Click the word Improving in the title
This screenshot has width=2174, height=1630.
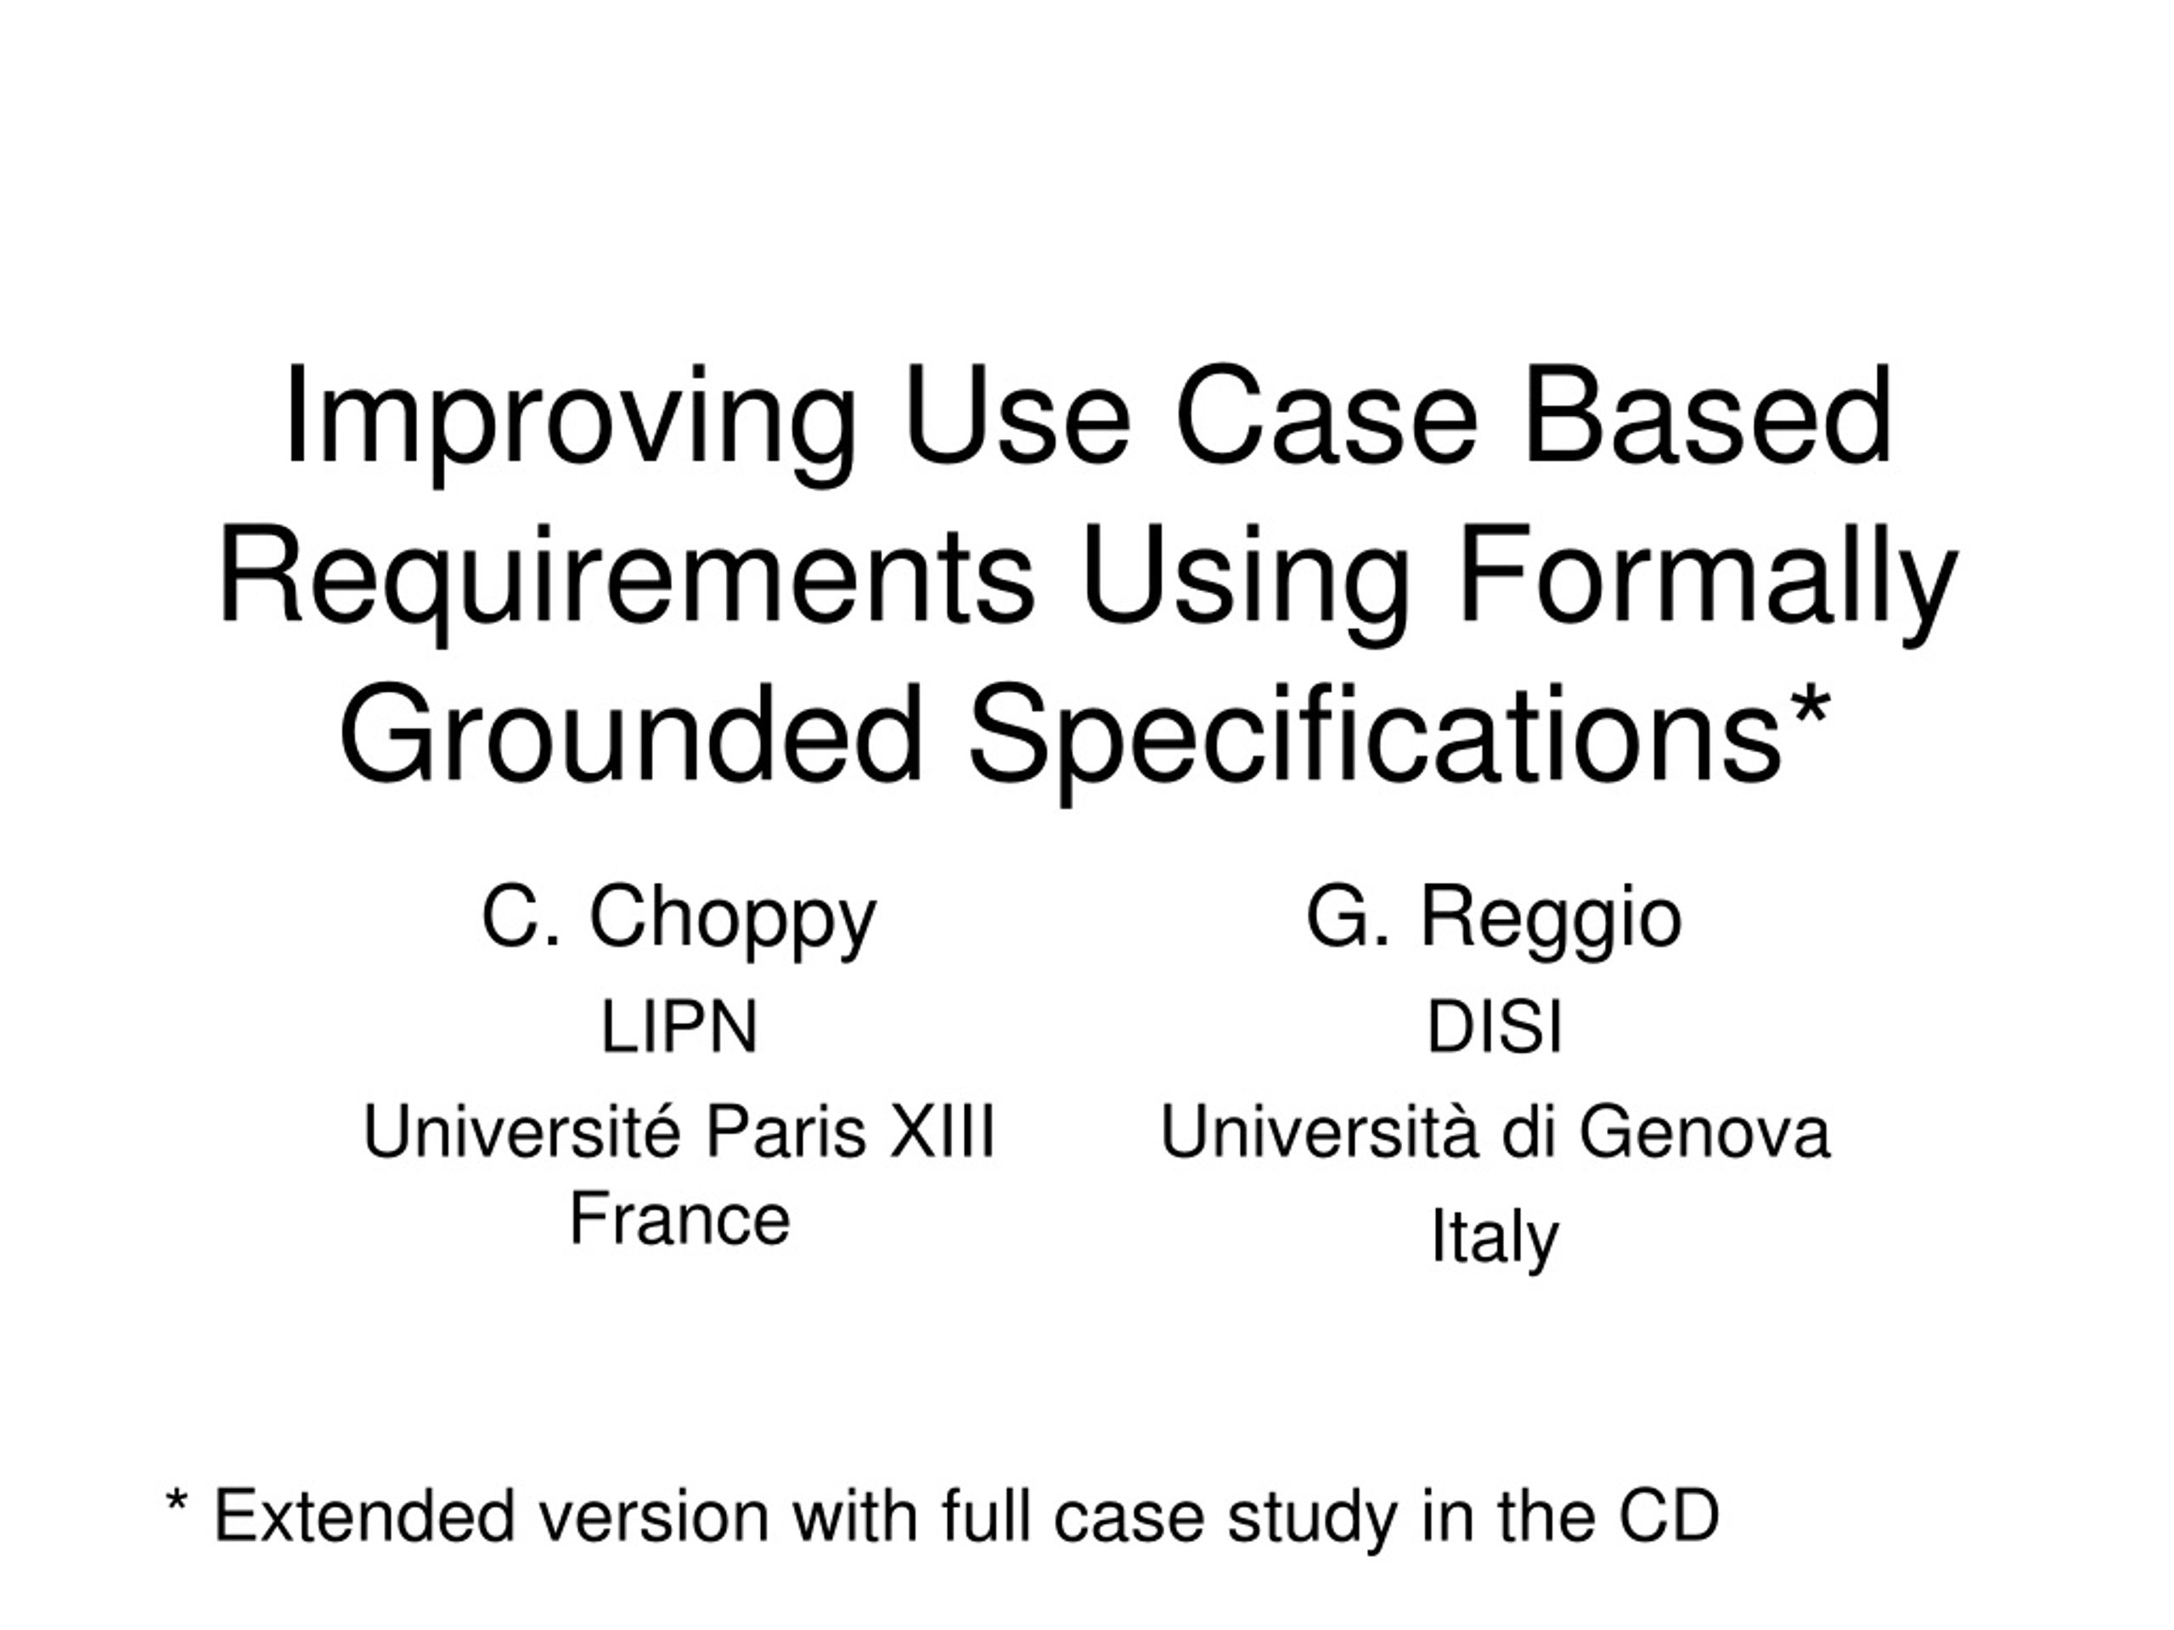tap(570, 418)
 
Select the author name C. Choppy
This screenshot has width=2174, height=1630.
tap(679, 918)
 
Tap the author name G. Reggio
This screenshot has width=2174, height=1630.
tap(1494, 918)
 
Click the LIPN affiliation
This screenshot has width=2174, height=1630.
tap(679, 1028)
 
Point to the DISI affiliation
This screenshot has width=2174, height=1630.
tap(1494, 1028)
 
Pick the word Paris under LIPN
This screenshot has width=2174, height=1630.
tap(786, 1132)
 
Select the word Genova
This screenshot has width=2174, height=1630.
tap(1704, 1132)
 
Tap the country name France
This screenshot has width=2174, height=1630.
tap(679, 1219)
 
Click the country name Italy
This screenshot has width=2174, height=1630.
tap(1494, 1237)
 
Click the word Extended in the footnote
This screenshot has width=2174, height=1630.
tap(363, 1516)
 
